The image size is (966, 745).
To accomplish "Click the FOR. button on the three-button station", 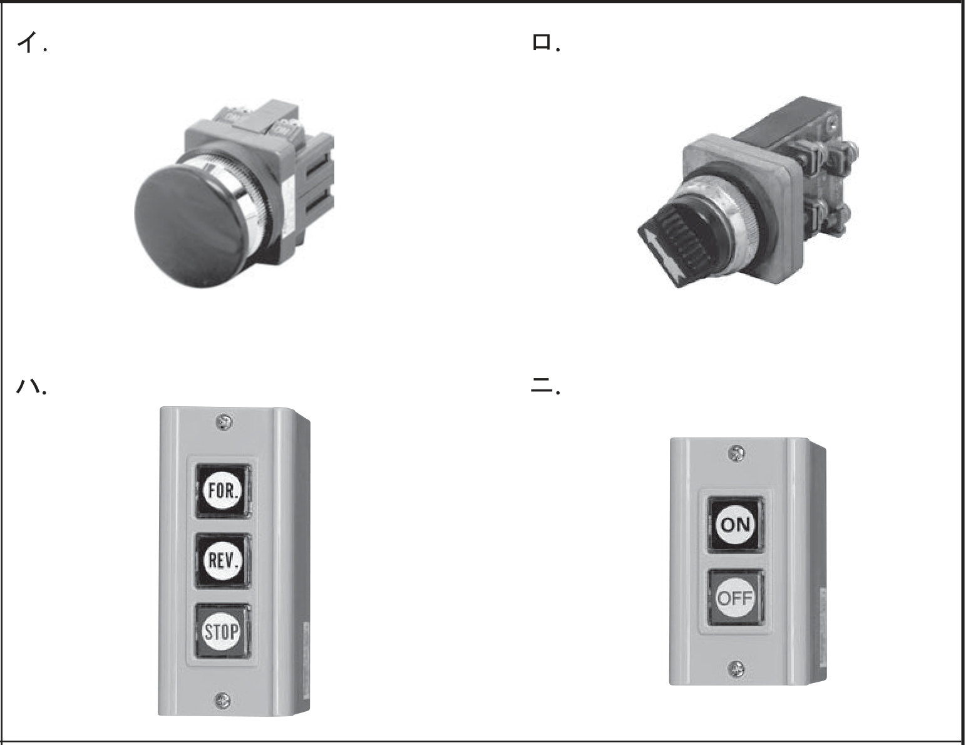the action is pyautogui.click(x=223, y=491).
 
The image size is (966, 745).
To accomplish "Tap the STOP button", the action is pyautogui.click(x=222, y=630).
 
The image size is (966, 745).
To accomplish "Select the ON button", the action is pyautogui.click(x=735, y=525).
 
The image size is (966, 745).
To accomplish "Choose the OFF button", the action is pyautogui.click(x=735, y=597).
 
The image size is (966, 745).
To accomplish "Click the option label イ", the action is pyautogui.click(x=31, y=43).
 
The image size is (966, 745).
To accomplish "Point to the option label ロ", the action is pyautogui.click(x=546, y=43).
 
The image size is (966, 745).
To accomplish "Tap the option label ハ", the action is pyautogui.click(x=31, y=386).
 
